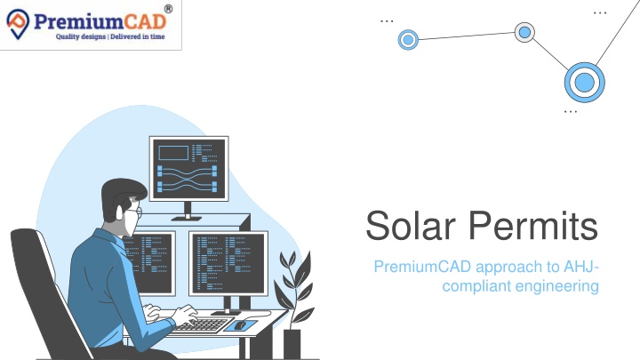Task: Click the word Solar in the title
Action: (x=410, y=225)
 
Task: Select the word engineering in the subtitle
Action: (x=557, y=286)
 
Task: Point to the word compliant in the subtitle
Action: (x=476, y=286)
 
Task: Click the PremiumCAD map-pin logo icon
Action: (x=18, y=24)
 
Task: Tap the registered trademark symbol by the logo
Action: (x=168, y=9)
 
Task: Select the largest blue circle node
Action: (x=585, y=82)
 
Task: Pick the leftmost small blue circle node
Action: (x=408, y=40)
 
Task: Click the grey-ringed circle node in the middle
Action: (x=524, y=32)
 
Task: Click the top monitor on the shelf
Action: (x=188, y=169)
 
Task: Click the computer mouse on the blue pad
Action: (x=240, y=325)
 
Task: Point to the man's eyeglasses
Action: (x=135, y=212)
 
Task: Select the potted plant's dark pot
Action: (x=292, y=344)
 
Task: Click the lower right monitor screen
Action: (x=228, y=263)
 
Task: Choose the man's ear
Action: (x=119, y=212)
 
